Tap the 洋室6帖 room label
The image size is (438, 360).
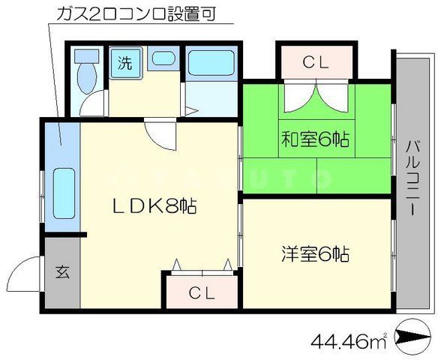click(316, 253)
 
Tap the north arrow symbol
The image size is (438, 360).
click(414, 342)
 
